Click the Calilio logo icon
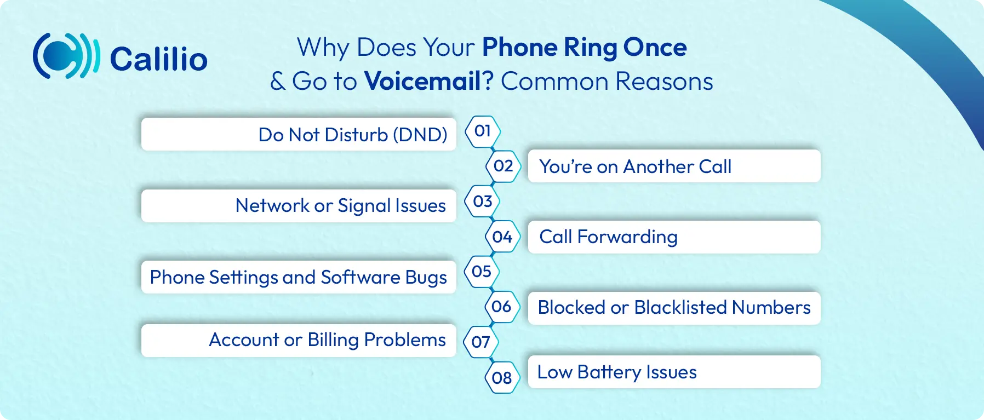click(66, 56)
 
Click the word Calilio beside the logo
click(159, 59)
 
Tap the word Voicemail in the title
click(422, 81)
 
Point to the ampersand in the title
click(278, 82)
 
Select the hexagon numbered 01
click(483, 131)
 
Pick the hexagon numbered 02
click(503, 166)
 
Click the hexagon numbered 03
click(483, 202)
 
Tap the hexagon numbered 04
click(502, 237)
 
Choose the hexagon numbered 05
click(482, 272)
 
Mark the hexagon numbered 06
click(502, 307)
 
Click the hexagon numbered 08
click(502, 378)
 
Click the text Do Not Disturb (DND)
click(353, 135)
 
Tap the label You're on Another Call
click(636, 166)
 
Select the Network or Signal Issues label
click(341, 206)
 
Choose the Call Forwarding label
click(609, 237)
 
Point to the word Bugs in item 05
click(426, 278)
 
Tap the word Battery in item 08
click(609, 372)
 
